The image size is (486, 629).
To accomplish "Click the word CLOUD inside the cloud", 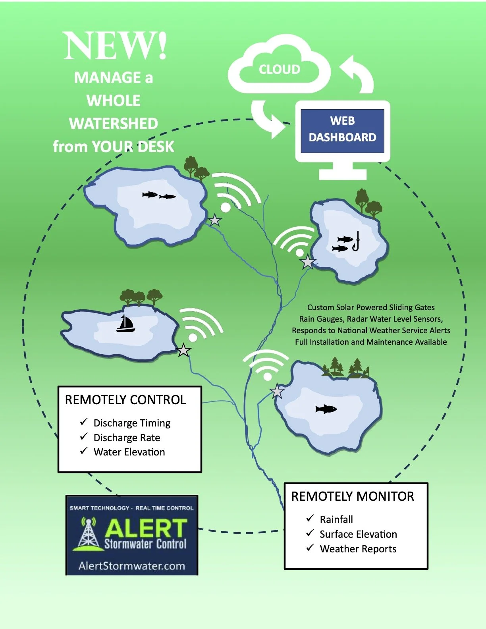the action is point(280,69).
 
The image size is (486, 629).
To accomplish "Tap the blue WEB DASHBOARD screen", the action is point(342,129).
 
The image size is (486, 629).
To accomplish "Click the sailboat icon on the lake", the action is point(125,324).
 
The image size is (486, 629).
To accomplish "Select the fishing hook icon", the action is point(356,241).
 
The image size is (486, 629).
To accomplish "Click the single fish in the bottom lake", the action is point(326,409).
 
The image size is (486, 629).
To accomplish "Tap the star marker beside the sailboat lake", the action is point(183,350).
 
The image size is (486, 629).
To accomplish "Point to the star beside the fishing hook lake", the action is point(308,262).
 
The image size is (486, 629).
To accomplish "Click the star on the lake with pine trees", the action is point(277,392).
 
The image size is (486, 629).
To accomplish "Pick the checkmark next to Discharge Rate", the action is point(83,436).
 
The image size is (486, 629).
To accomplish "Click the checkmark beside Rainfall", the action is point(310,518).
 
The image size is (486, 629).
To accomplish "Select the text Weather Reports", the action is point(358,549).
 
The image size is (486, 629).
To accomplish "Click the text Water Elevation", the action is point(129,452).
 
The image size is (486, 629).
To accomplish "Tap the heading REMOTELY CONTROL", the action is point(125,399).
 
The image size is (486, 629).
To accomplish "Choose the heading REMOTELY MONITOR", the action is point(353,496).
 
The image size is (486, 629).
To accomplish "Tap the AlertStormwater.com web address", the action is point(132,566).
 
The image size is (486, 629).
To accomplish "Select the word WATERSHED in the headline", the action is point(114,123).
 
